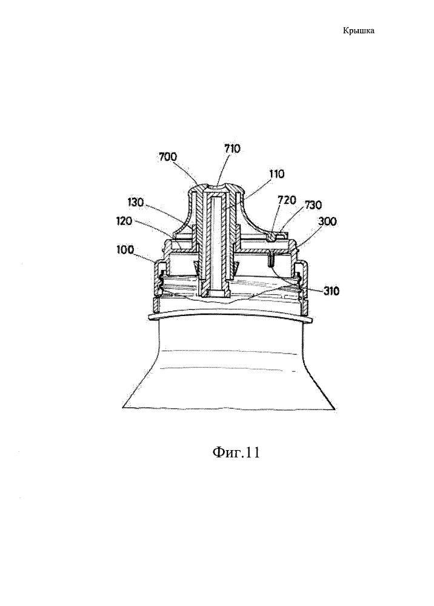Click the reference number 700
point(167,157)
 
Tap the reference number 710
point(232,149)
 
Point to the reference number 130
point(136,203)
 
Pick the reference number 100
point(125,250)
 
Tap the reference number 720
point(287,200)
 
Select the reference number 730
point(313,204)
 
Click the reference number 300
point(327,222)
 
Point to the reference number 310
point(332,291)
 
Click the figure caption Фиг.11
point(236,452)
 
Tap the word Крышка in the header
point(359,30)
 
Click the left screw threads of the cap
point(159,284)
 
